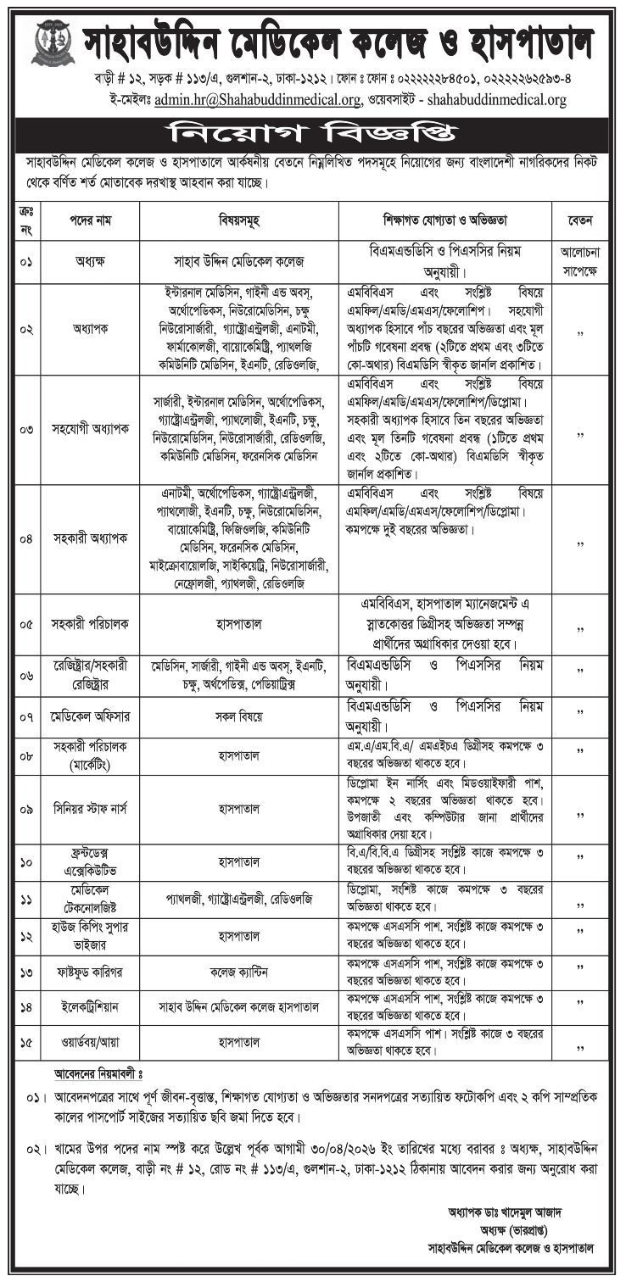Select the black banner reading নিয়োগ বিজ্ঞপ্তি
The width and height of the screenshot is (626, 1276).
(x=313, y=133)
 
